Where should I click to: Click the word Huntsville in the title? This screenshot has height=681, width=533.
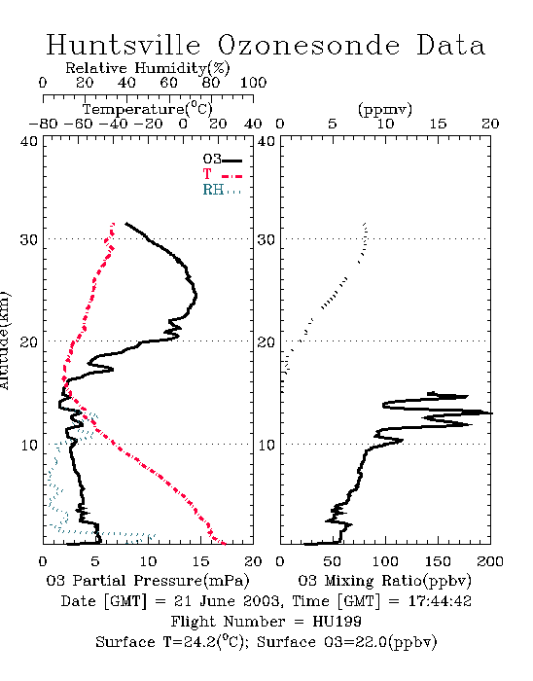pyautogui.click(x=124, y=45)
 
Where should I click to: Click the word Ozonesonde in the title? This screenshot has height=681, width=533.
pyautogui.click(x=308, y=45)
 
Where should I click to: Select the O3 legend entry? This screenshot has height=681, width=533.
pyautogui.click(x=222, y=160)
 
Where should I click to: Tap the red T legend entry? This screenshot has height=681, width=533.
pyautogui.click(x=222, y=174)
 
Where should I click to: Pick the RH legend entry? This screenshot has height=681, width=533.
pyautogui.click(x=222, y=190)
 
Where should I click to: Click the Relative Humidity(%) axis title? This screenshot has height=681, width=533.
pyautogui.click(x=148, y=68)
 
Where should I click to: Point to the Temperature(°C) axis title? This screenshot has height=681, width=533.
pyautogui.click(x=148, y=109)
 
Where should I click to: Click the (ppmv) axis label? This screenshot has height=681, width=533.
pyautogui.click(x=385, y=109)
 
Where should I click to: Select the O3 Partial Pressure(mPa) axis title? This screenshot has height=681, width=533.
pyautogui.click(x=148, y=581)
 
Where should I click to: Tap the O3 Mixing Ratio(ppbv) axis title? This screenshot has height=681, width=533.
pyautogui.click(x=384, y=581)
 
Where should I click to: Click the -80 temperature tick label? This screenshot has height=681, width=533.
pyautogui.click(x=43, y=125)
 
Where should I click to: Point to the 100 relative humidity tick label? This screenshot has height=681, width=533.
pyautogui.click(x=253, y=83)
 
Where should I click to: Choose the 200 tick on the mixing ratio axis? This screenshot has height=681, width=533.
pyautogui.click(x=490, y=561)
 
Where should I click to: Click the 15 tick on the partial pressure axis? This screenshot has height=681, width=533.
pyautogui.click(x=200, y=561)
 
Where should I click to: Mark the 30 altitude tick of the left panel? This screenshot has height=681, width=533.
pyautogui.click(x=28, y=239)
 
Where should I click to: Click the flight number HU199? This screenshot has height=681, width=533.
pyautogui.click(x=337, y=622)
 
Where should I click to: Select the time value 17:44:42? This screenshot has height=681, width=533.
pyautogui.click(x=440, y=601)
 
